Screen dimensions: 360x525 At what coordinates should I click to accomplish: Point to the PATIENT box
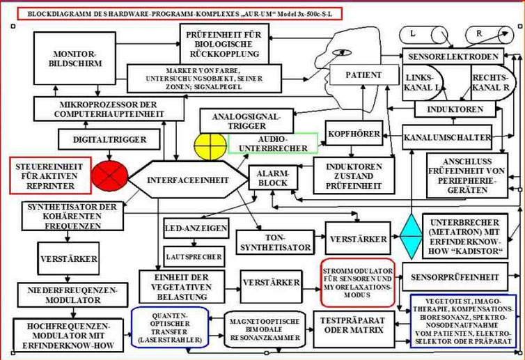[x=363, y=75]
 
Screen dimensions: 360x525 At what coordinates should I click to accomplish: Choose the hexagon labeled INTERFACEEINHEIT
[x=188, y=180]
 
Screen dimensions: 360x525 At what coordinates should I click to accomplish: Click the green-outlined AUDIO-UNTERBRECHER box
[x=273, y=143]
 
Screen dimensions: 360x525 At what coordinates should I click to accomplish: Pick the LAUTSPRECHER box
[x=194, y=256]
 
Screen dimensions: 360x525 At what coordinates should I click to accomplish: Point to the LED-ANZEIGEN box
[x=196, y=228]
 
